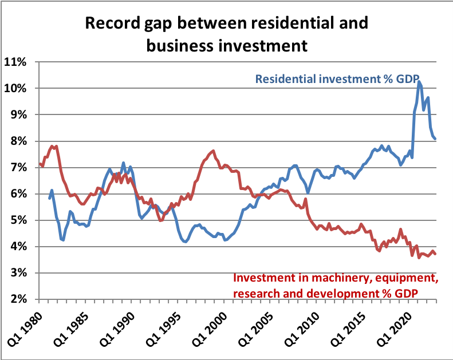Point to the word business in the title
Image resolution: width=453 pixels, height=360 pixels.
click(x=183, y=45)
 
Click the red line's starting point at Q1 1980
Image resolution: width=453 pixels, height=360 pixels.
click(x=40, y=164)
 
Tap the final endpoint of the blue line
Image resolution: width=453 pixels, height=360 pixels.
click(x=436, y=139)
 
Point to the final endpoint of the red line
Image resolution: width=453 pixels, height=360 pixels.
click(x=436, y=254)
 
